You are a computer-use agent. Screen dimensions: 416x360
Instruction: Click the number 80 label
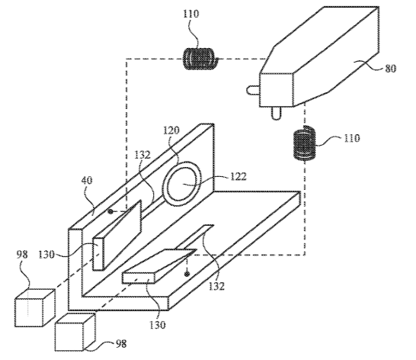coord(390,69)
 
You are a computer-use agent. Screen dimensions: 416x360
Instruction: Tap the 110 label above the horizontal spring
coord(190,14)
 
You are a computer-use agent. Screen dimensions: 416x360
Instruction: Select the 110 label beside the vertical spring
coord(352,138)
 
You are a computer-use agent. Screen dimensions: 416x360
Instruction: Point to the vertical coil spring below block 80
coord(305,143)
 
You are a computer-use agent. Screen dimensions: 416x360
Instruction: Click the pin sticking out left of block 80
coord(253,90)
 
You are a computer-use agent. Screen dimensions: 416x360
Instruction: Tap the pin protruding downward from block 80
coord(276,113)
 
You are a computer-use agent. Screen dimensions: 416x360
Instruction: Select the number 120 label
coord(171,130)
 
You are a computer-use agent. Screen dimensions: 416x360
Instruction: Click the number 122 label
coord(238,176)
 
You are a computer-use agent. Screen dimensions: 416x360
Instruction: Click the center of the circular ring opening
coord(182,183)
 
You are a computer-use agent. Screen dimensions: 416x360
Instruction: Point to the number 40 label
coord(87,181)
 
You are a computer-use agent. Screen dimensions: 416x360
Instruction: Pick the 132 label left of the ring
coord(142,155)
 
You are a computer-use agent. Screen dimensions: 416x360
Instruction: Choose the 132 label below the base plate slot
coord(216,286)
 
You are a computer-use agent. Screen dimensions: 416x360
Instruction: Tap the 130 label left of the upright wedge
coord(46,255)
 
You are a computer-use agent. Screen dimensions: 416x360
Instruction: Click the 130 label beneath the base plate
coord(157,325)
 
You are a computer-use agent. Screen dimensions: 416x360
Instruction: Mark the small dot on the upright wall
coord(110,211)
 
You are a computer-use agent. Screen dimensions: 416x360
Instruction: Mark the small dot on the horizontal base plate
coord(187,274)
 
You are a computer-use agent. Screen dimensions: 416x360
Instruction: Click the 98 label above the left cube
coord(22,254)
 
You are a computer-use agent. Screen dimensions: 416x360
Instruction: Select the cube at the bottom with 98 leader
coord(75,332)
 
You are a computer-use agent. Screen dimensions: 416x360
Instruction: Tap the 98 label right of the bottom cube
coord(121,344)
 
